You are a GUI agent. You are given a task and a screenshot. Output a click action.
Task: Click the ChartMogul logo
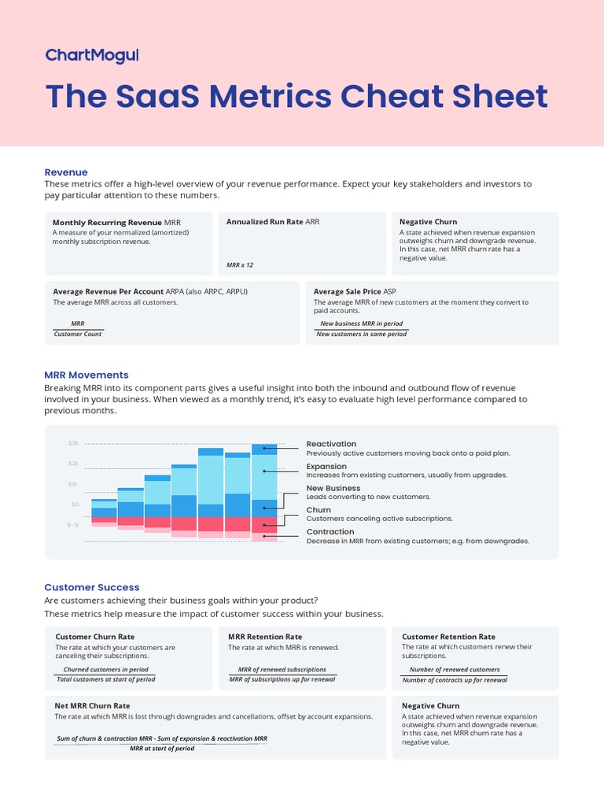click(x=92, y=55)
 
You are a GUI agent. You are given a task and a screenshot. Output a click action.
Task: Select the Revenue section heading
click(x=66, y=172)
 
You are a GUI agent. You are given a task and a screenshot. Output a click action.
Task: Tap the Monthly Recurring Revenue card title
click(x=107, y=223)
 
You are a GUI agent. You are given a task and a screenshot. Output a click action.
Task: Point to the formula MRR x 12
click(x=240, y=265)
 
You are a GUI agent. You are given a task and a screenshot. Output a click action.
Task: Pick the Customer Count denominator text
click(x=78, y=334)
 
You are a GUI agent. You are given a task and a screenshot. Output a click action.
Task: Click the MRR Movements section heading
click(x=87, y=375)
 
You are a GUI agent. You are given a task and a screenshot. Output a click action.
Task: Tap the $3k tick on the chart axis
click(x=74, y=444)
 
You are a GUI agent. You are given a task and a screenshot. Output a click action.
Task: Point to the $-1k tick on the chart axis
click(x=73, y=524)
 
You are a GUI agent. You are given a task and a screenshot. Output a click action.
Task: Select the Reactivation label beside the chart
click(x=331, y=444)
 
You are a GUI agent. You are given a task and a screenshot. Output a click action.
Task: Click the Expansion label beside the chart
click(x=326, y=466)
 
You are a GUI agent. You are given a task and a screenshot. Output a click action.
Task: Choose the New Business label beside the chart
click(x=333, y=488)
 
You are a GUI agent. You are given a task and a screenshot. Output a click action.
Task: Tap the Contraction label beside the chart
click(x=331, y=532)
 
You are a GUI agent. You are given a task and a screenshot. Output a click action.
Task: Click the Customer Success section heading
click(x=92, y=587)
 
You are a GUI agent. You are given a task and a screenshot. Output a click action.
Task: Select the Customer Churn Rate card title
click(x=94, y=637)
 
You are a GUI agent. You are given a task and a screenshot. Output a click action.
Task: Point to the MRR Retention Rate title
click(x=265, y=637)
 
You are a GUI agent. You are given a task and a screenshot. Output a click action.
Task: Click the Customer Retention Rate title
click(x=448, y=637)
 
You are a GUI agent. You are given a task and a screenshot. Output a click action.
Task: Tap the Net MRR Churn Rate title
click(x=92, y=706)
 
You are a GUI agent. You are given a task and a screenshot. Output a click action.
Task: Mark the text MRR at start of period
click(x=162, y=749)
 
